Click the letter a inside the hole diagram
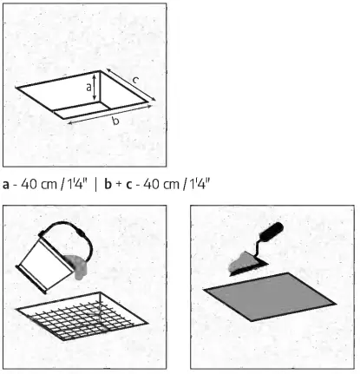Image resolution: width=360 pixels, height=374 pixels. click(90, 87)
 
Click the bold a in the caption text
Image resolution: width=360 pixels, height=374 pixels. click(7, 185)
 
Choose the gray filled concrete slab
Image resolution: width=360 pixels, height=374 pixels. click(268, 304)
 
